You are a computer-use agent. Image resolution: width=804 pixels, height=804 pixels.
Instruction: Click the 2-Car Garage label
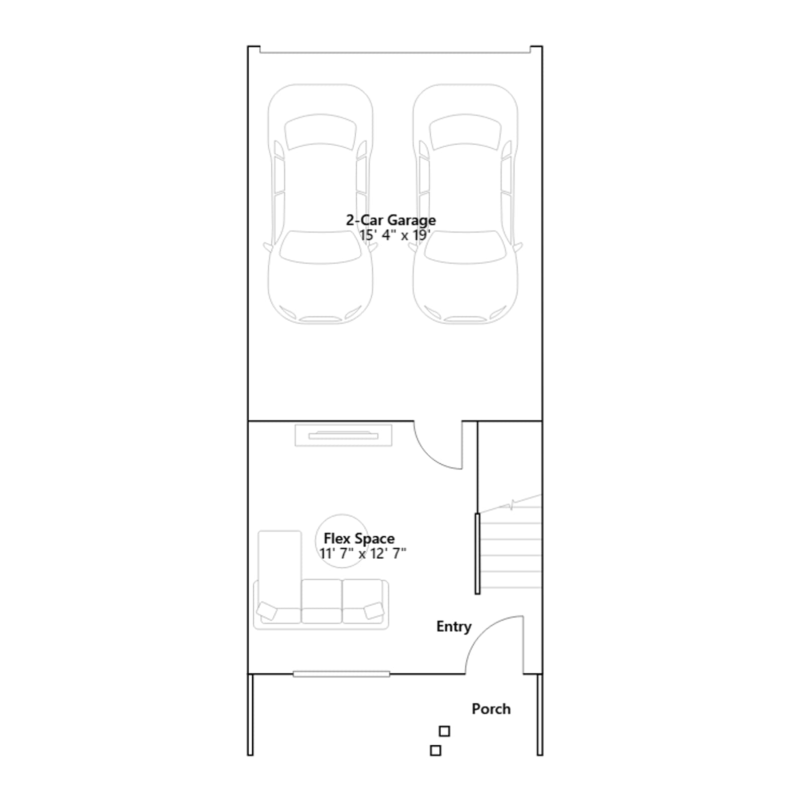[390, 221]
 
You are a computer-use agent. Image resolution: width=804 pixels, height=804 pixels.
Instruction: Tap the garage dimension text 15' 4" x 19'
[394, 235]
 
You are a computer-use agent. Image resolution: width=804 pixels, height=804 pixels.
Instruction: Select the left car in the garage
[320, 204]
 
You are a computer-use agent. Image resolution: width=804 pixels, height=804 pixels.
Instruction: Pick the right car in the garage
[465, 204]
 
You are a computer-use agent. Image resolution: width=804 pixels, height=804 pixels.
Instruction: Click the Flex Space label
[359, 539]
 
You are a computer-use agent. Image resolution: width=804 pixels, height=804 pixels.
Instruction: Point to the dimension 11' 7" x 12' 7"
[363, 553]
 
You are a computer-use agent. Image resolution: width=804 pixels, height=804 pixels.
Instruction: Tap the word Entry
[454, 627]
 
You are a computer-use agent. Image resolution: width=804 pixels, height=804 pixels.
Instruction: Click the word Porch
[491, 709]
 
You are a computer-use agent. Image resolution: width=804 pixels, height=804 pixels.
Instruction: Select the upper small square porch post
[444, 731]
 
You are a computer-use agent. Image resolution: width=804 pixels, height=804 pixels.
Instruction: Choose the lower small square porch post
[436, 750]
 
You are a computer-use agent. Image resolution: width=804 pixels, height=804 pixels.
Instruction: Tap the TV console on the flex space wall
[343, 435]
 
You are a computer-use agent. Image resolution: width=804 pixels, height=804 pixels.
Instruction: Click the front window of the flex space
[341, 674]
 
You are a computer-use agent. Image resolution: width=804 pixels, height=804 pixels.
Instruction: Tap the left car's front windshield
[320, 247]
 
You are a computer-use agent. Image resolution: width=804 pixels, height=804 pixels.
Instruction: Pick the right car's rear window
[465, 132]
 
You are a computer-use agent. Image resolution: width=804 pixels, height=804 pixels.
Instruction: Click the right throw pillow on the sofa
[374, 611]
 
